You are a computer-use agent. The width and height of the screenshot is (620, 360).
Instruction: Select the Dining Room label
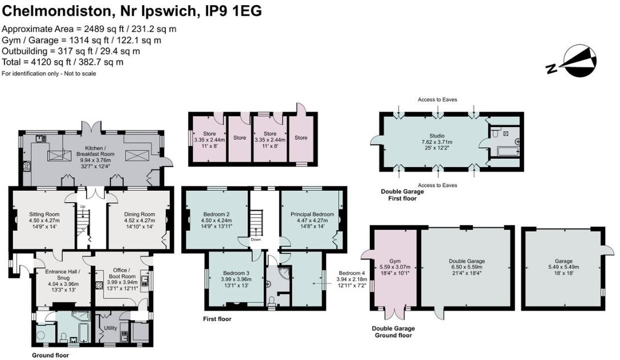[x=140, y=214]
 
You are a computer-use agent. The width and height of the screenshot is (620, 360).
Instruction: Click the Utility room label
[x=111, y=329]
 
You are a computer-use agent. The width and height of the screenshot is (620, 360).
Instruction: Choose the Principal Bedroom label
[x=312, y=214]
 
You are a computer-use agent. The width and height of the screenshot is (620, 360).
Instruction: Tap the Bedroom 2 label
[x=215, y=214]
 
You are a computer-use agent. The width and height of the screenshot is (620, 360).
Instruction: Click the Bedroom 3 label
[x=235, y=272]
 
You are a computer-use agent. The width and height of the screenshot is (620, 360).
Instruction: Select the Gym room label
[x=395, y=261]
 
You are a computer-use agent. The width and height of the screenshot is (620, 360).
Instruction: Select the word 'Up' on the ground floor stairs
[x=83, y=206]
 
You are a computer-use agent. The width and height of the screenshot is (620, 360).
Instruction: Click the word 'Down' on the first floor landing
[x=256, y=240]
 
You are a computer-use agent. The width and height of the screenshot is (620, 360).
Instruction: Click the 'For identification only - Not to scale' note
[x=49, y=73]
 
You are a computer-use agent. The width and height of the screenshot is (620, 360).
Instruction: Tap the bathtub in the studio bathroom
[x=504, y=152]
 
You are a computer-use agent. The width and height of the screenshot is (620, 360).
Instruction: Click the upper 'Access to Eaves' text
[x=437, y=100]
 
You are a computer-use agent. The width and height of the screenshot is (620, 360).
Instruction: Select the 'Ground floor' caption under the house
[x=50, y=355]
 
